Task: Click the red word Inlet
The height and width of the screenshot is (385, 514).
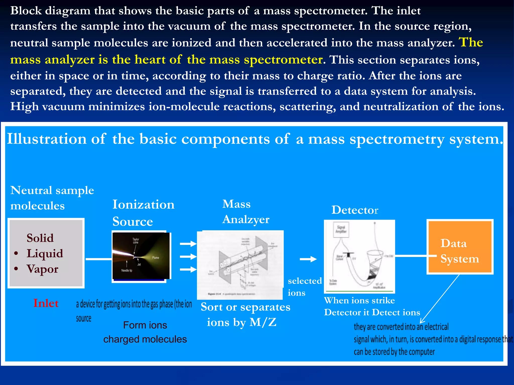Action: (46, 303)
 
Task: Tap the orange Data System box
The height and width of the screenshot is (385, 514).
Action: (460, 247)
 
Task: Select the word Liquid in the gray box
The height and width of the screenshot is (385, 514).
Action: (45, 253)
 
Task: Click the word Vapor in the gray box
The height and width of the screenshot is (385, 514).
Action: (42, 269)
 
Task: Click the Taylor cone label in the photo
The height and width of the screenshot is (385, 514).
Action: (136, 241)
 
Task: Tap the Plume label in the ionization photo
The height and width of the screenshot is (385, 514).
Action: (155, 258)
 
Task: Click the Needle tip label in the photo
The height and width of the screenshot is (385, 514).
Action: (127, 270)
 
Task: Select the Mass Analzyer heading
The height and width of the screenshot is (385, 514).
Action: (245, 212)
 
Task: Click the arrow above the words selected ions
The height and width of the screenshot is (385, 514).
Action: (308, 259)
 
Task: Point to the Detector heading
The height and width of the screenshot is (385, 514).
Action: (354, 210)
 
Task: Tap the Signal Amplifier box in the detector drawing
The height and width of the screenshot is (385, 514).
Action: (341, 229)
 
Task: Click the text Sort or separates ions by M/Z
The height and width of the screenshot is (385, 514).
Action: (245, 314)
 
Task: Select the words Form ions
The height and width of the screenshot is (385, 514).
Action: (145, 325)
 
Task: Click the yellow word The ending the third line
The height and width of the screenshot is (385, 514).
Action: (471, 42)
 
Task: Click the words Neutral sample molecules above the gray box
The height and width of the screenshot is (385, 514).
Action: (52, 198)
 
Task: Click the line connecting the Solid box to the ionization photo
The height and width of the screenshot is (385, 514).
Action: (98, 259)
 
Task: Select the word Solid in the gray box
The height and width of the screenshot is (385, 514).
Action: (40, 238)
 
